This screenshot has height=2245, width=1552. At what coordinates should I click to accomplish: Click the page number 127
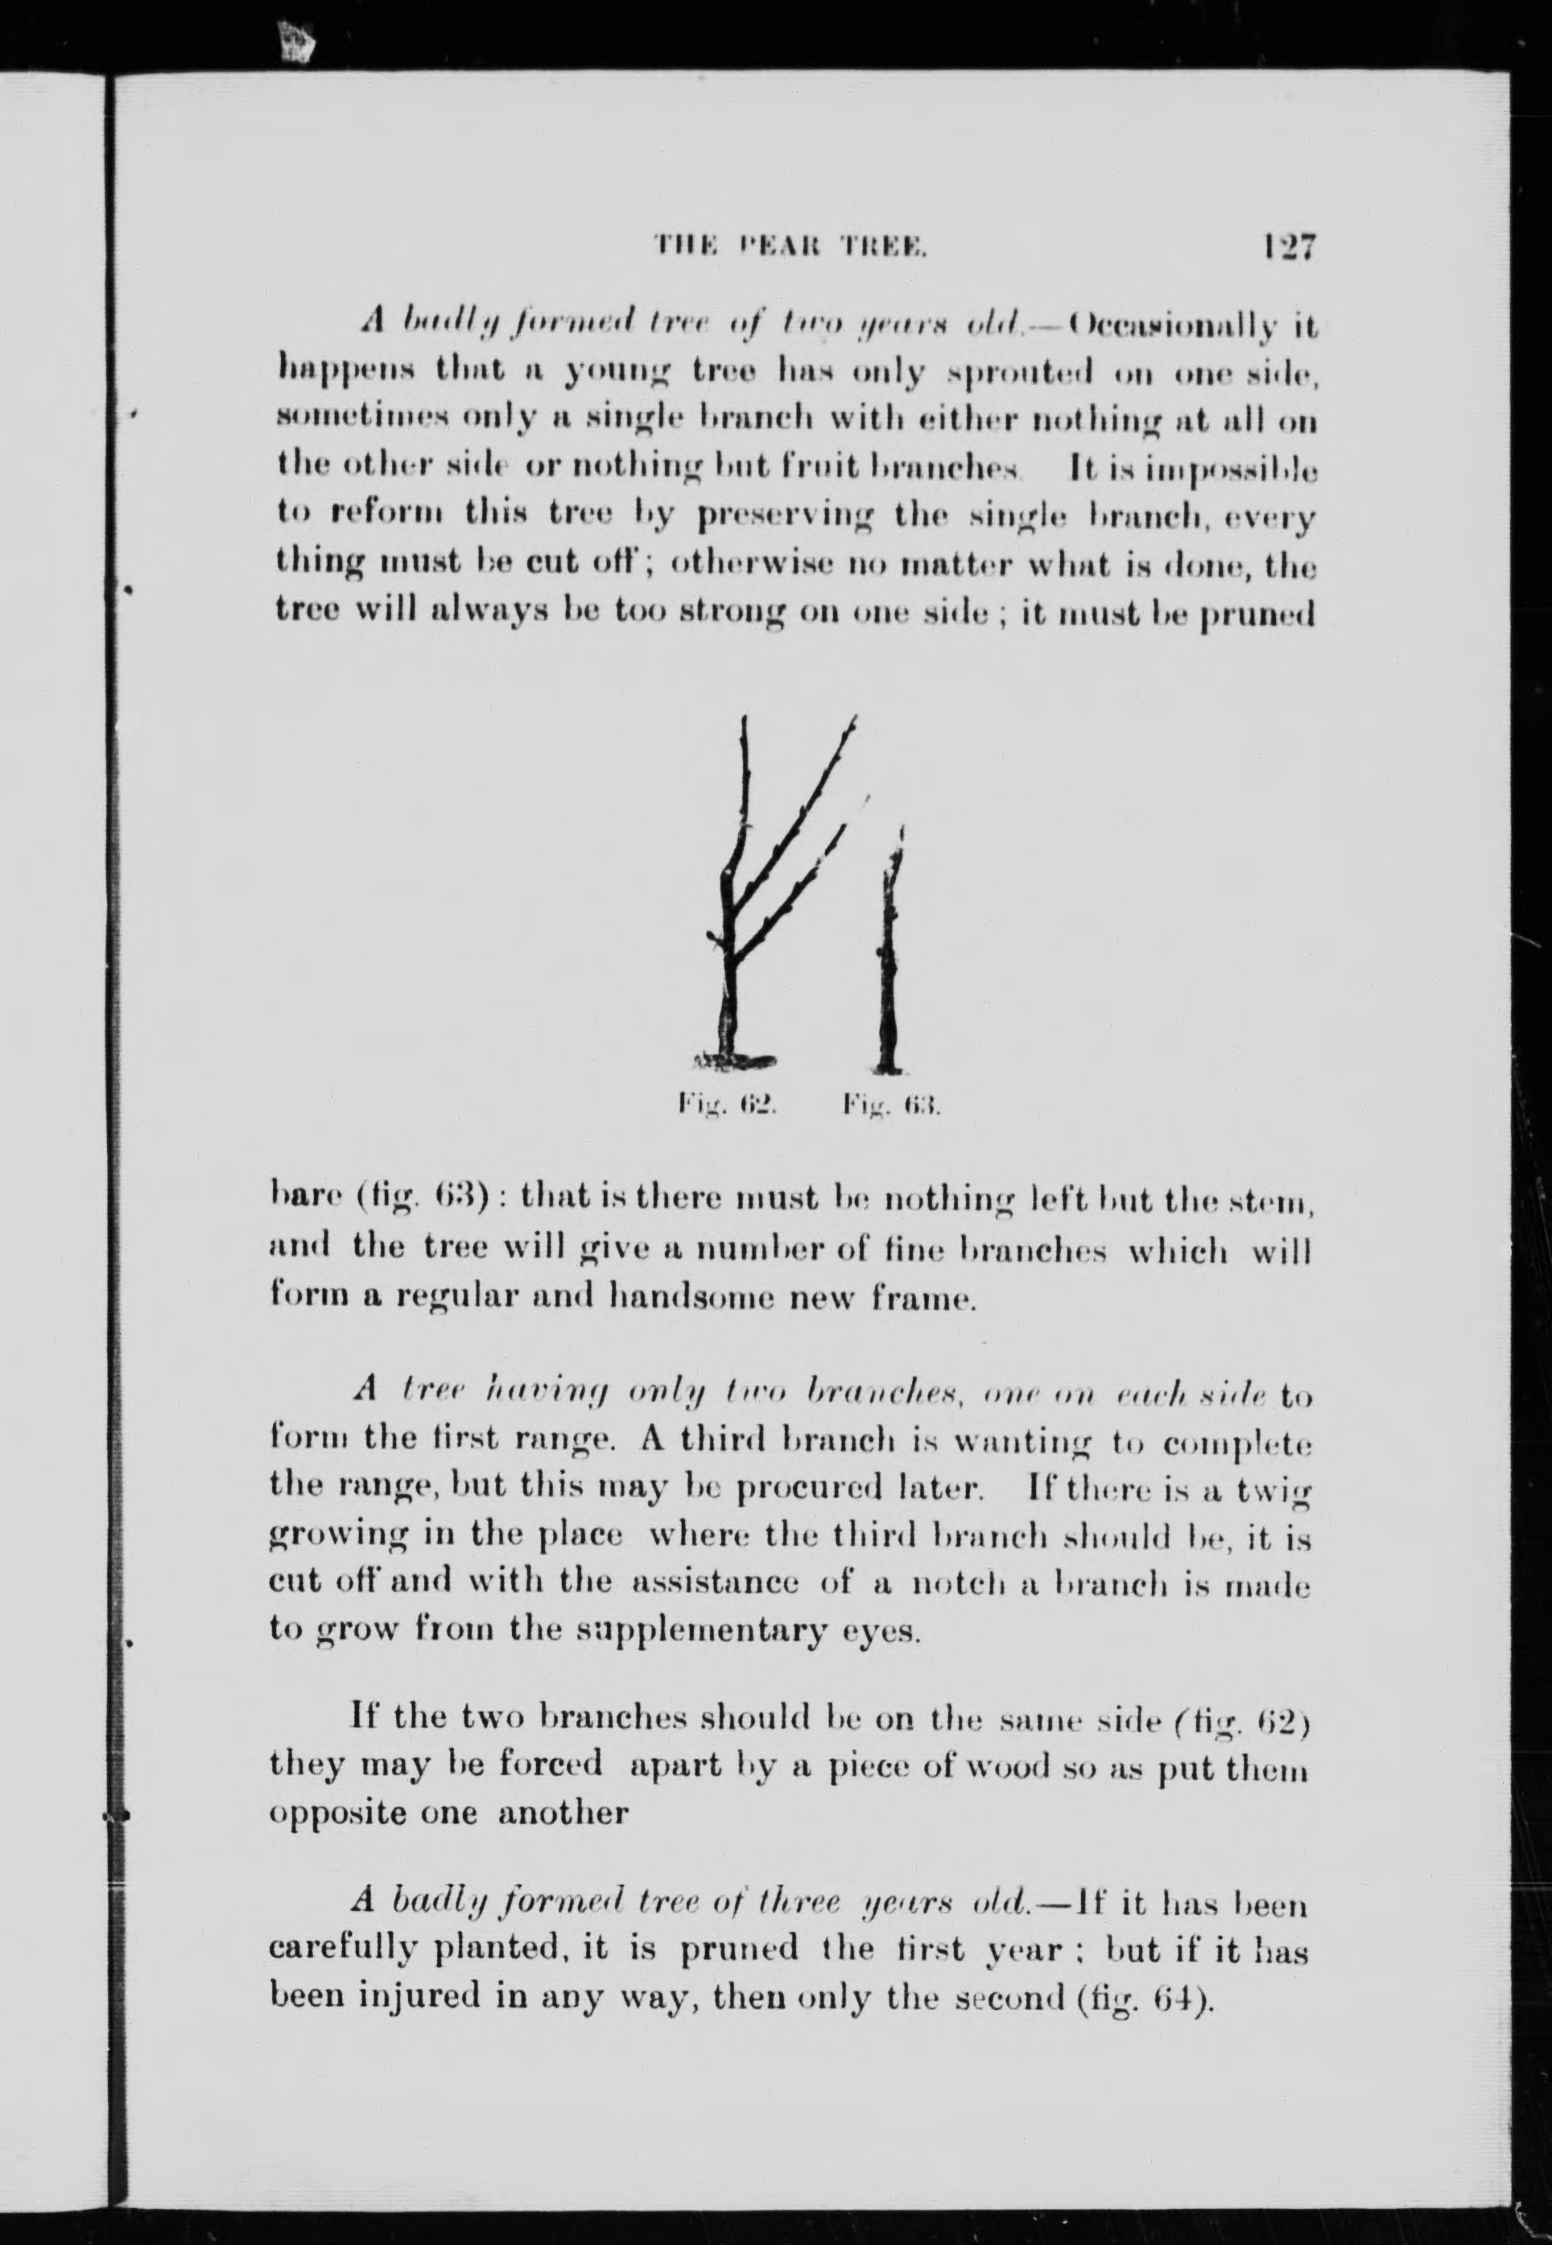1290,246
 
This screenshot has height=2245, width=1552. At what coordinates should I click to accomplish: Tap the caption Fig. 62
725,1104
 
